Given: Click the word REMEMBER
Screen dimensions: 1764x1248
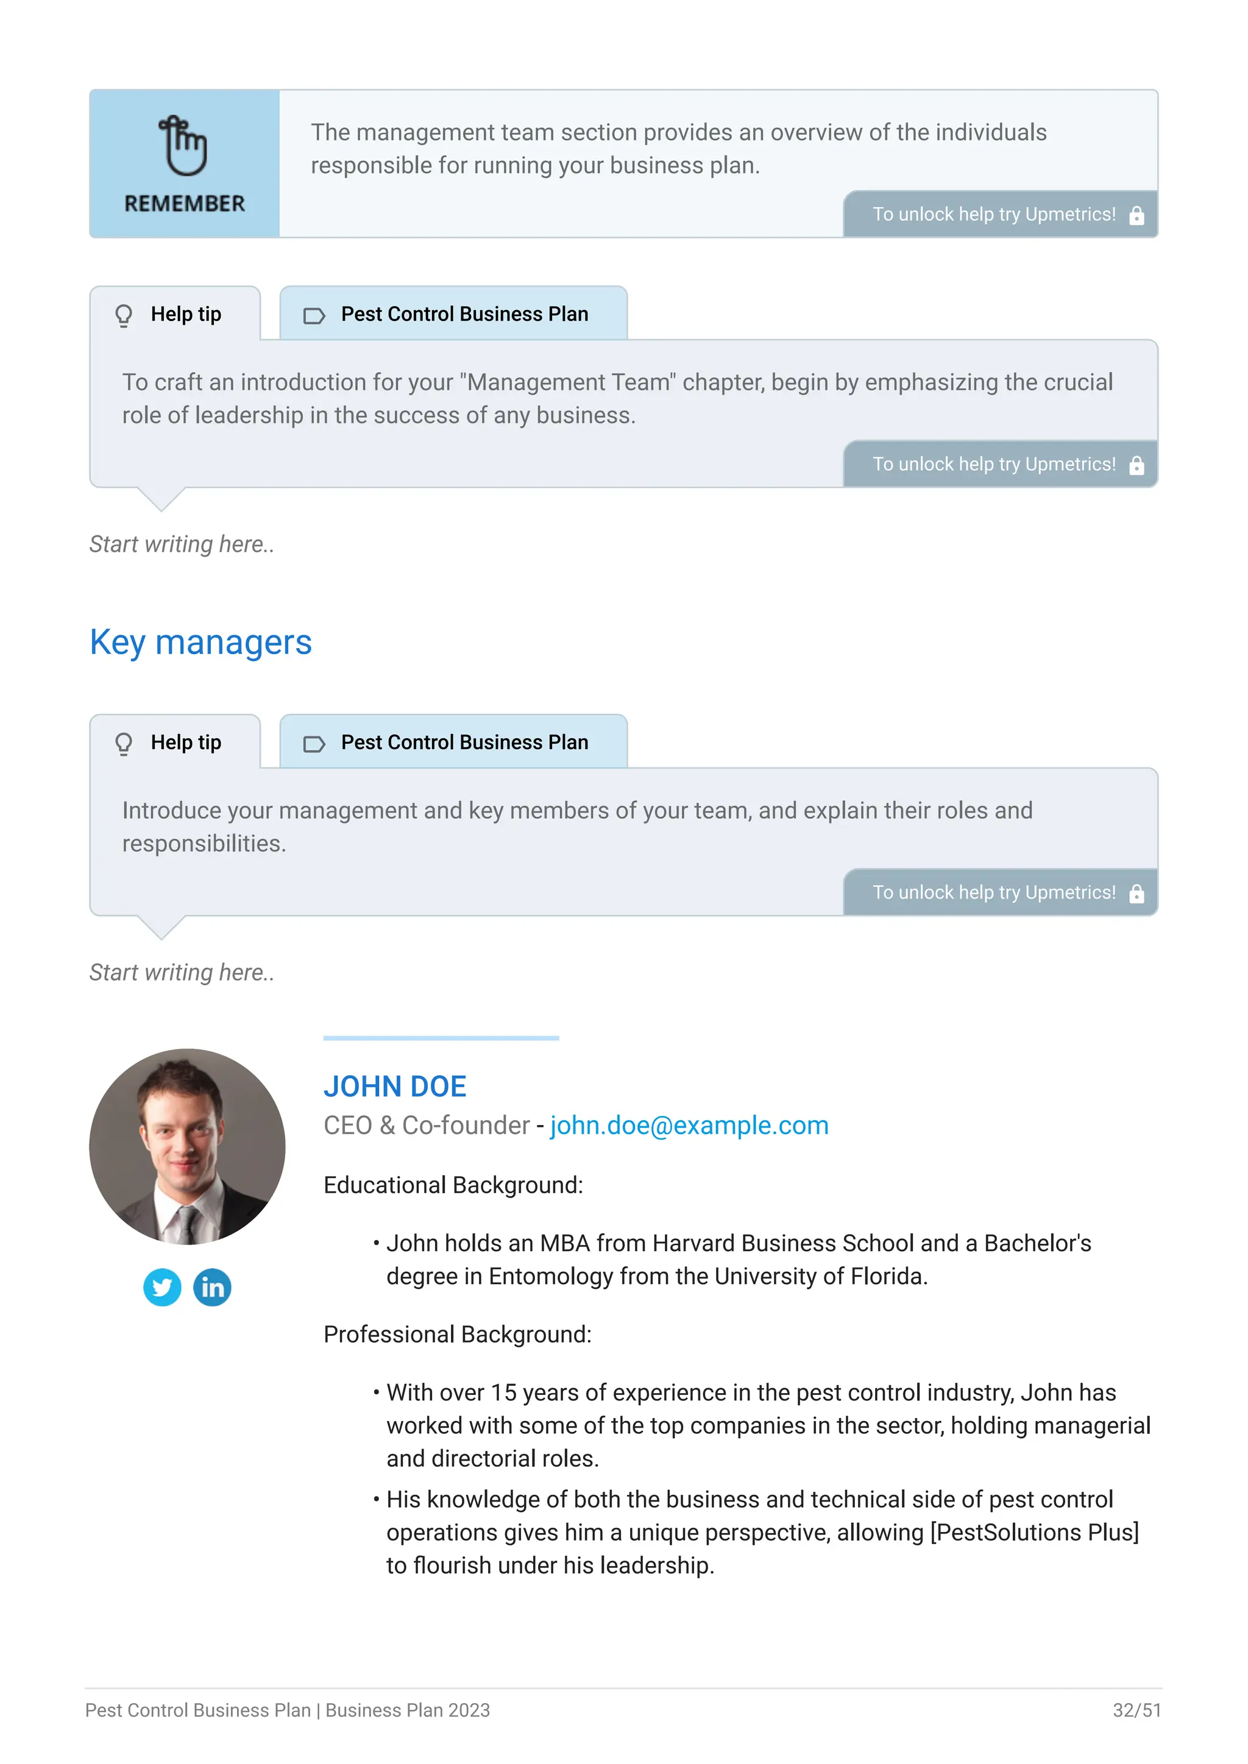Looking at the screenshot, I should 185,203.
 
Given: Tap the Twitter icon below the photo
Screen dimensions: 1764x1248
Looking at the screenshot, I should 162,1287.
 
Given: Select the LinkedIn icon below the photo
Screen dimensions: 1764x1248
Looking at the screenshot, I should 212,1287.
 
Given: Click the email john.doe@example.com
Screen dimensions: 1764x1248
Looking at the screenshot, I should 689,1126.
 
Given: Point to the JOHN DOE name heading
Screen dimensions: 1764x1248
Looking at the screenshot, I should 394,1087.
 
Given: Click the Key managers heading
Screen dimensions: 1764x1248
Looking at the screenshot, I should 200,642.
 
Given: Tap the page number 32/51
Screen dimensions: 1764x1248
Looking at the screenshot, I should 1136,1710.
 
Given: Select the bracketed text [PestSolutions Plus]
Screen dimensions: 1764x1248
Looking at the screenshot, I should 1034,1532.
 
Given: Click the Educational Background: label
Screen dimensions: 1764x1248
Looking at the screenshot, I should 453,1185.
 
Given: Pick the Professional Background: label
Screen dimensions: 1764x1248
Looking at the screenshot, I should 457,1335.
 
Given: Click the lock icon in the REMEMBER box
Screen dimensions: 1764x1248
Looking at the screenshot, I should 1136,215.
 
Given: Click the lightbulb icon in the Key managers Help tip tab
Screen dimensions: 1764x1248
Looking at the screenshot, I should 124,744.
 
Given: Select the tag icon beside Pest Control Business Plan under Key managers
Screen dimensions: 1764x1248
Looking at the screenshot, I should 314,744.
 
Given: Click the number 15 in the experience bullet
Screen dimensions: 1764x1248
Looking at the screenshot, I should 503,1393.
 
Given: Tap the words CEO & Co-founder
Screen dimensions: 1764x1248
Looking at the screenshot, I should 427,1126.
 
